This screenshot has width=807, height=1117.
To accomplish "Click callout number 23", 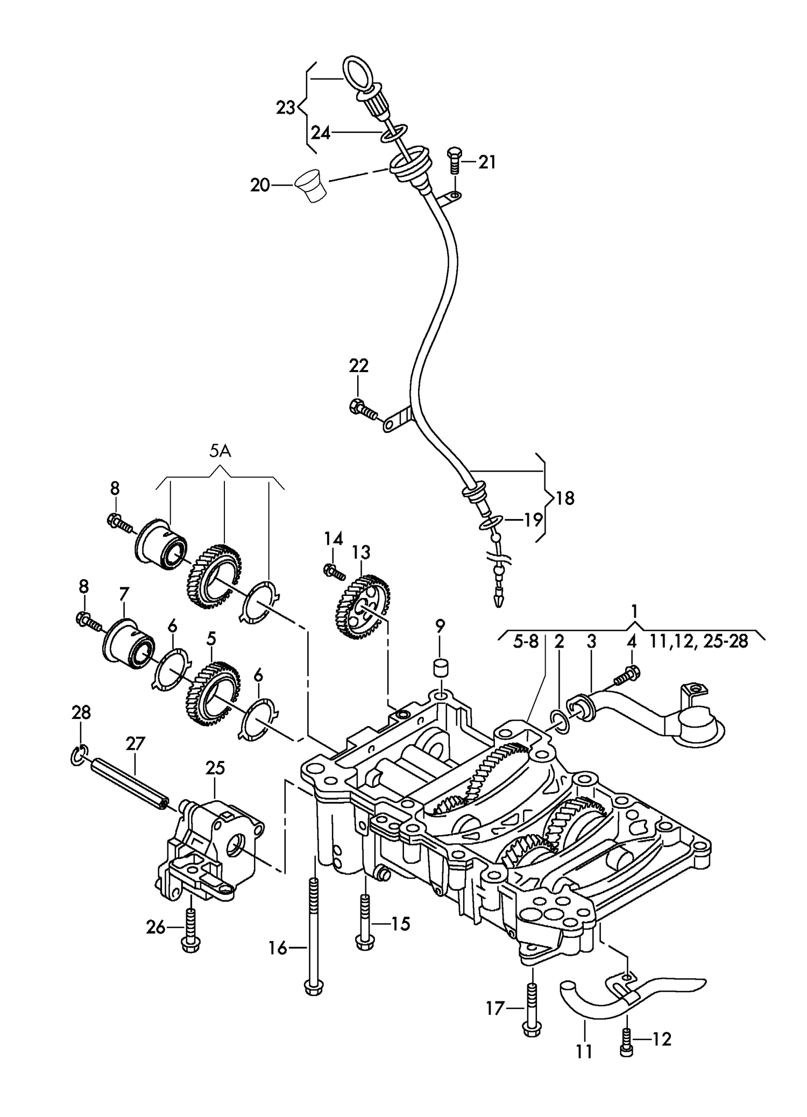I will coord(286,108).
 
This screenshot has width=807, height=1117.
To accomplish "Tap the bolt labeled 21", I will coord(452,160).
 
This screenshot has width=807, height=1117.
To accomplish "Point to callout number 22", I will coord(359,366).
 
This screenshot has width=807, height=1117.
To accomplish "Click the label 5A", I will coord(220,451).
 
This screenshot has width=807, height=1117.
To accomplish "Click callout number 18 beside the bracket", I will coord(565,498).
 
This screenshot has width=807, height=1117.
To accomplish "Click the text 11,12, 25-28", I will coord(699,642).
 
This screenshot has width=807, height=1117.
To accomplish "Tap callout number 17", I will coord(494,1009).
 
